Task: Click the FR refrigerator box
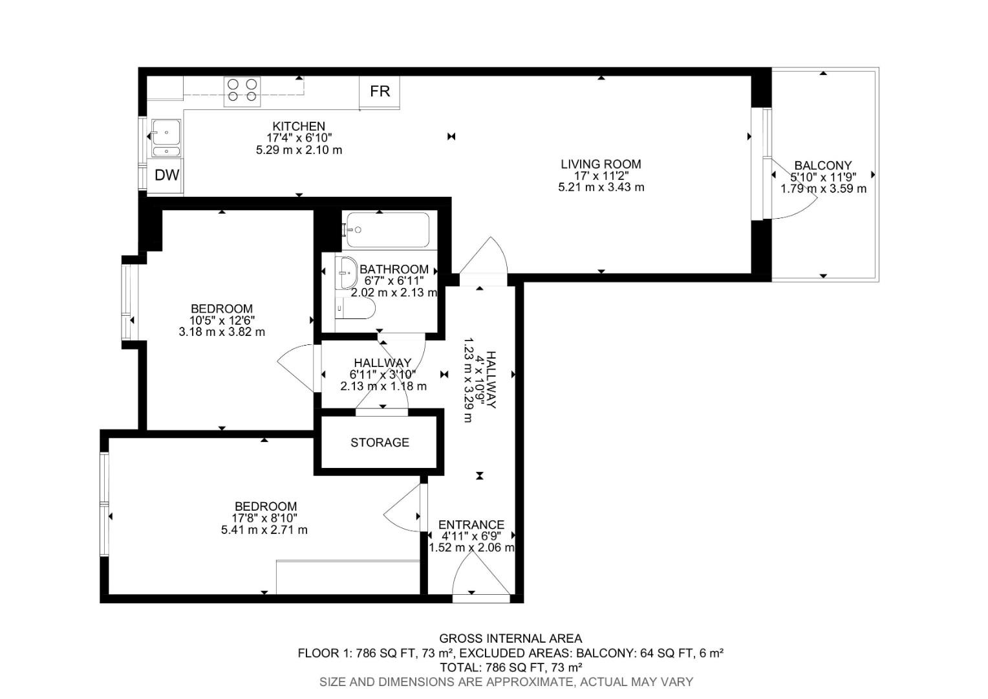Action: tap(380, 92)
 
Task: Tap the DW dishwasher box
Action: tap(166, 175)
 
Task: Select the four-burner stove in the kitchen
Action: tap(242, 91)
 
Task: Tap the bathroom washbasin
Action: tap(346, 272)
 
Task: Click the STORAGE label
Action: tap(380, 443)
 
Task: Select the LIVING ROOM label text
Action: tap(601, 164)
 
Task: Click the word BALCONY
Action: tap(822, 166)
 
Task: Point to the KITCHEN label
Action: tap(298, 126)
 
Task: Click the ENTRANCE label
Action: tap(471, 525)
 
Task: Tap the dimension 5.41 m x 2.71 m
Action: tap(264, 530)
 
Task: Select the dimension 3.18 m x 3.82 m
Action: tap(222, 332)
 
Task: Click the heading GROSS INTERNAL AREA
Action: tap(510, 639)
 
